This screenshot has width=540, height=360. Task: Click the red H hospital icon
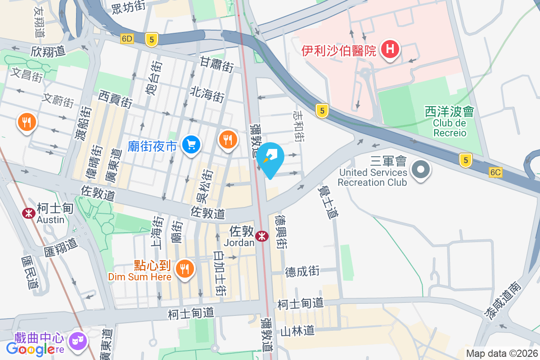point(390,49)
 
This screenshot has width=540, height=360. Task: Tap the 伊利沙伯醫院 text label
point(339,50)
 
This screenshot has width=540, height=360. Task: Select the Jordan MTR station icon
point(261,236)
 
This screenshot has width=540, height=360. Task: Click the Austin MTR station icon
point(29,213)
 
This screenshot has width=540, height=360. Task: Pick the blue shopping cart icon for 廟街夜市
point(191,145)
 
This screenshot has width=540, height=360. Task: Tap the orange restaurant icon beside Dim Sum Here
point(184,269)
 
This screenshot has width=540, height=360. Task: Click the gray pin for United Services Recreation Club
point(421,170)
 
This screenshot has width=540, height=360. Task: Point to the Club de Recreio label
point(450,128)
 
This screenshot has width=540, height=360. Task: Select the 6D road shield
point(127,39)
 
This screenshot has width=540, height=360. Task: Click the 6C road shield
point(495,172)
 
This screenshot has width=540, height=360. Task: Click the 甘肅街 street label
point(217,65)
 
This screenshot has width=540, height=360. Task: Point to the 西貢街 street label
point(116,99)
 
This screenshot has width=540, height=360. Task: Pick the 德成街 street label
point(302,271)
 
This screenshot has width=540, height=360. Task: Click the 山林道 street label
point(297,331)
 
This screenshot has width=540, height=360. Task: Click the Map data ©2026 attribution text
point(502,353)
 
